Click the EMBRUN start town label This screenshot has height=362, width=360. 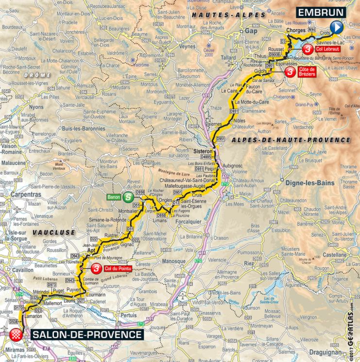(x=322, y=12)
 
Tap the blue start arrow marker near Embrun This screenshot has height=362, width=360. (x=336, y=27)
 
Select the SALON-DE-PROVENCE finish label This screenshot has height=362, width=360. (x=87, y=335)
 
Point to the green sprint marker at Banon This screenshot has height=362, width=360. (x=126, y=197)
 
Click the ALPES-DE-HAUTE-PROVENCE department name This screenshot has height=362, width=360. (x=291, y=140)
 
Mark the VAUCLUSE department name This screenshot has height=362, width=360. (x=54, y=232)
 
